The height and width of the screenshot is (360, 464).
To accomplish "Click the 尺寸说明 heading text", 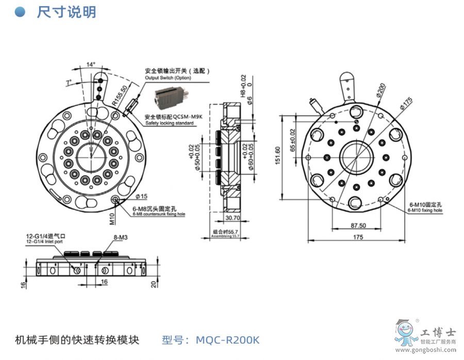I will click(67, 12).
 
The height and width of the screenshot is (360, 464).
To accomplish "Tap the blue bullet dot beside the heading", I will click(20, 12).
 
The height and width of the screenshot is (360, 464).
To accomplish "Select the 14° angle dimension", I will click(91, 65).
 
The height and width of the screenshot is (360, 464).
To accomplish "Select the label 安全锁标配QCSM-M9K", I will click(174, 117).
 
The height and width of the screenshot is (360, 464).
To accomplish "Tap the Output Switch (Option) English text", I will click(168, 78).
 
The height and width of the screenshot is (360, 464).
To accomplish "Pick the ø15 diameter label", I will click(142, 196).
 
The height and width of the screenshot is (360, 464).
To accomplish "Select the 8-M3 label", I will click(120, 238).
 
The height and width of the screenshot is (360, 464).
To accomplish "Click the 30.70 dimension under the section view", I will click(233, 218).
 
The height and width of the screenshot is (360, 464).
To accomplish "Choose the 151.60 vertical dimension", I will click(278, 156).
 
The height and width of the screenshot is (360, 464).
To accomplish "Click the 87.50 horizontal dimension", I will click(358, 225).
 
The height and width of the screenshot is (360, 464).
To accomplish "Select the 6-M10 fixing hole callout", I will click(425, 207).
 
